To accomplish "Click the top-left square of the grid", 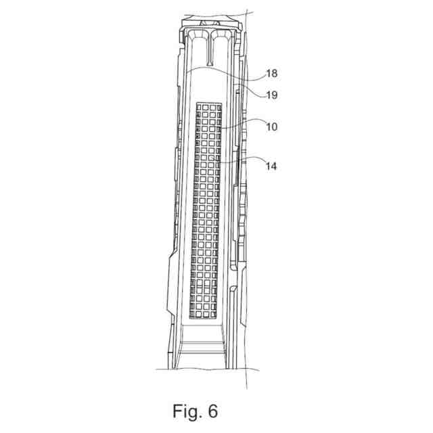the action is [198, 107].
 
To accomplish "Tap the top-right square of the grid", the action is [219, 107].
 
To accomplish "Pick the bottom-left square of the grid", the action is [198, 314].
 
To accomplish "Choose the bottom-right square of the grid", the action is [218, 314].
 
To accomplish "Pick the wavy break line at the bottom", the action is [203, 369].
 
